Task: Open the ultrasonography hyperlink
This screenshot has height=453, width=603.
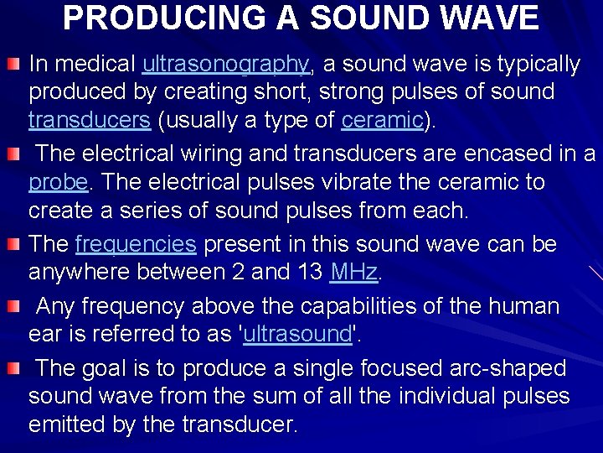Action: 226,64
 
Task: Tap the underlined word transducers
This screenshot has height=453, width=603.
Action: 90,121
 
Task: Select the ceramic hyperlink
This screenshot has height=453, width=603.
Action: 382,121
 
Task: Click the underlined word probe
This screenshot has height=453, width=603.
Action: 58,183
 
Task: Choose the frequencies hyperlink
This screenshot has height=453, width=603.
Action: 136,244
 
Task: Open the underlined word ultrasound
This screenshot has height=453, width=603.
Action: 296,334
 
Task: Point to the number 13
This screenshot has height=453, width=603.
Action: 312,272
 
